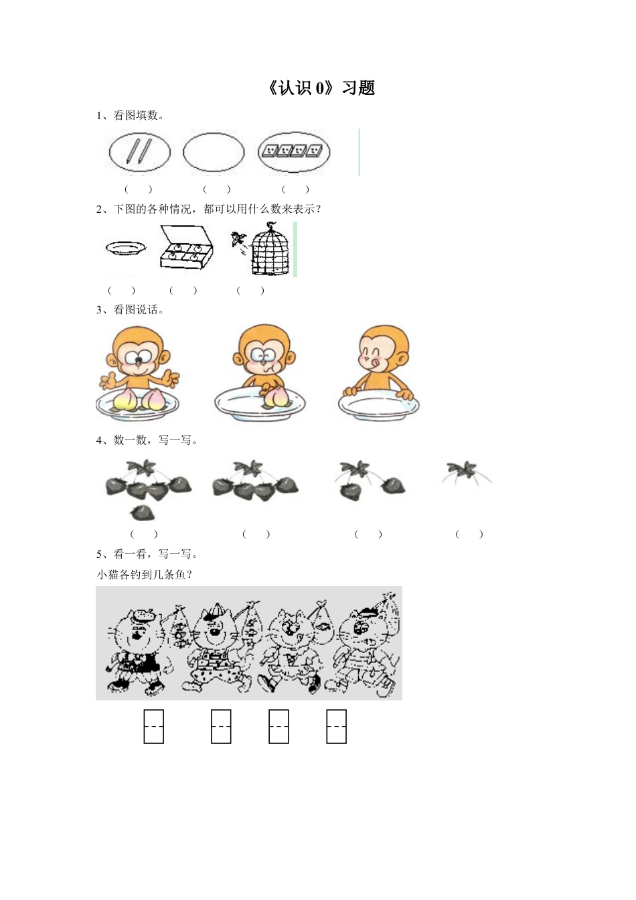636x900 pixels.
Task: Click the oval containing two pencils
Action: [x=140, y=152]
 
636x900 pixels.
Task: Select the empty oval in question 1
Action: [x=214, y=152]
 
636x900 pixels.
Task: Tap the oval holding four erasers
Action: [x=295, y=152]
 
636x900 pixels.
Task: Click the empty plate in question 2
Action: [x=125, y=248]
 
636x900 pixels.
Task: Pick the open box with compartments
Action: [x=185, y=248]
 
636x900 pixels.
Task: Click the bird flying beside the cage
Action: [x=237, y=240]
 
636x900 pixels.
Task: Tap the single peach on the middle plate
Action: [x=274, y=396]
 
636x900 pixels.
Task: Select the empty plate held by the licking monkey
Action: [x=378, y=406]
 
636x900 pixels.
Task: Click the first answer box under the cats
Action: [x=154, y=727]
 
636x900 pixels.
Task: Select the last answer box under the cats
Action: [x=336, y=727]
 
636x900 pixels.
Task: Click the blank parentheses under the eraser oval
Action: [x=295, y=190]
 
